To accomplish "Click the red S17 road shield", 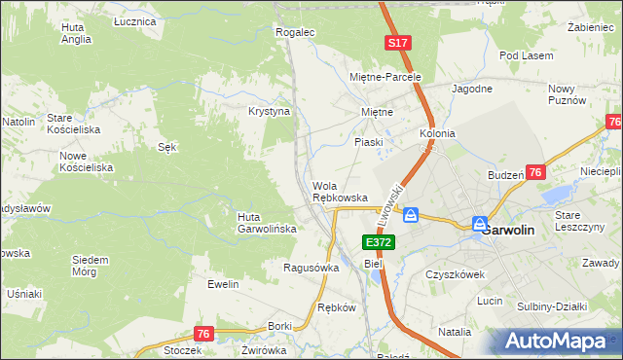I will (397, 44).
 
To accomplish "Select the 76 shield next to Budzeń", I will (535, 172).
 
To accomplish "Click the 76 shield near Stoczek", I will (202, 334).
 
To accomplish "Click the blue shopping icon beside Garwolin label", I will (480, 224).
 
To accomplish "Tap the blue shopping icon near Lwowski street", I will (411, 215).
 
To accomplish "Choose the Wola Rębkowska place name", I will (340, 192).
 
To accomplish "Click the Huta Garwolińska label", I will (261, 223).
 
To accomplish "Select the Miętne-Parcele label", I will (385, 76).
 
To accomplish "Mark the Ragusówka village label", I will (311, 267).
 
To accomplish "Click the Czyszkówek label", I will (455, 274).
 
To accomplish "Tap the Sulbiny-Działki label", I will (552, 306).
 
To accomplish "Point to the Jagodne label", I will (471, 89).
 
